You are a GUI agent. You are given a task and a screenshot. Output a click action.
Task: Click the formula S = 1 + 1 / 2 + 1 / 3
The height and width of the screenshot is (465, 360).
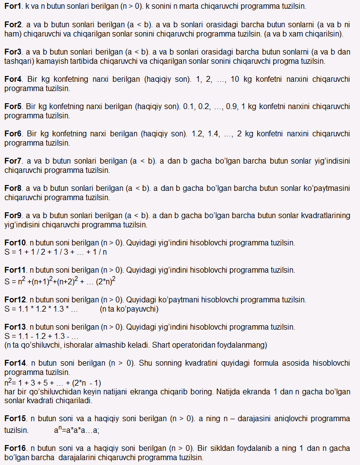click(56, 252)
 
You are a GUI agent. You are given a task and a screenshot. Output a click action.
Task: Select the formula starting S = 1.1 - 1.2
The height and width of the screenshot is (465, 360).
click(41, 336)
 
